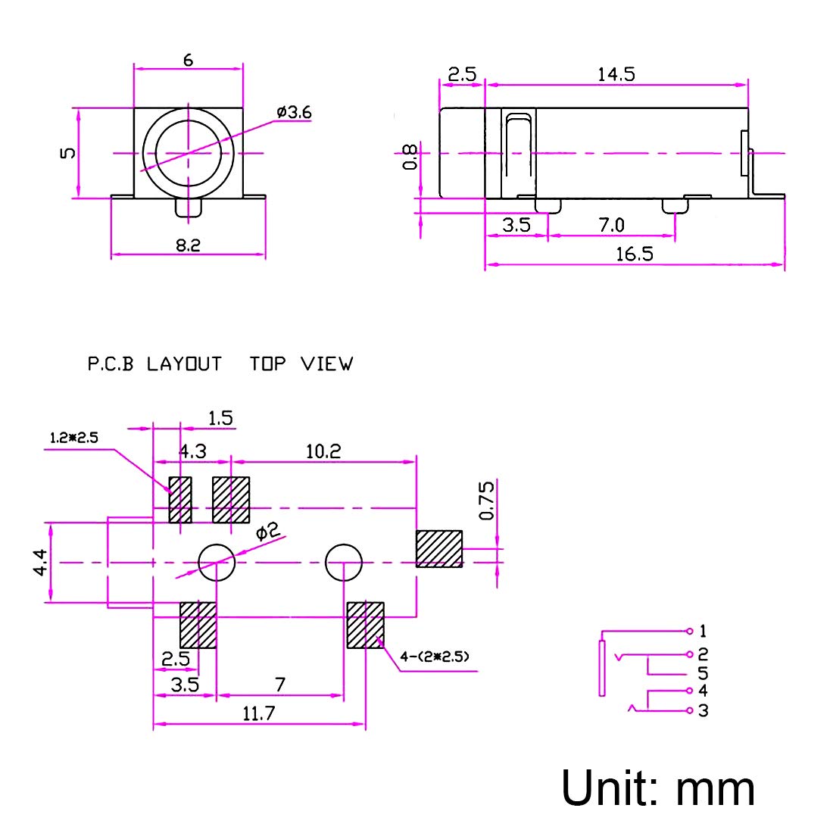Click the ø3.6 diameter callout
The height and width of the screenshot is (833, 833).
point(294,112)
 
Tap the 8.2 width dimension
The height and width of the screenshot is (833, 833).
point(188,245)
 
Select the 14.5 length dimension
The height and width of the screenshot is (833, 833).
point(616,74)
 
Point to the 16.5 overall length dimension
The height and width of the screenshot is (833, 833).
point(635,254)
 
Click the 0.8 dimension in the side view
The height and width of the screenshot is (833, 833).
point(410,157)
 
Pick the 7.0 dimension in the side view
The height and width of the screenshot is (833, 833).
point(611,225)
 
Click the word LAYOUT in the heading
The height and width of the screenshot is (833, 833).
point(184,364)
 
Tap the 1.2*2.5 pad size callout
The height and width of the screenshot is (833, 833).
point(74,438)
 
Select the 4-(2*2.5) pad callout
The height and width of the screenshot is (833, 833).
point(435,657)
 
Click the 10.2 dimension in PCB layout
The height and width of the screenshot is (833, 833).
point(323,451)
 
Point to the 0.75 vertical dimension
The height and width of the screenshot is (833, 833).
point(486,501)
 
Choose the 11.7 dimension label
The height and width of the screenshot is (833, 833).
point(259,713)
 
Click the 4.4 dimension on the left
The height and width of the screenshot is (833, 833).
point(40,563)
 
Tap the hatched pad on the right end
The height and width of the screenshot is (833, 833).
point(438,549)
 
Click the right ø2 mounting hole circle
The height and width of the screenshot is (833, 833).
point(344,562)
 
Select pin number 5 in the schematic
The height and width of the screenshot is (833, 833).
point(703,673)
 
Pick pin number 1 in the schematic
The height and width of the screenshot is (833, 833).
point(703,631)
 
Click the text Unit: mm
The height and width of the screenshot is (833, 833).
point(657,788)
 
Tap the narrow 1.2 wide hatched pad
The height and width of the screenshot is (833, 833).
point(180,500)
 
